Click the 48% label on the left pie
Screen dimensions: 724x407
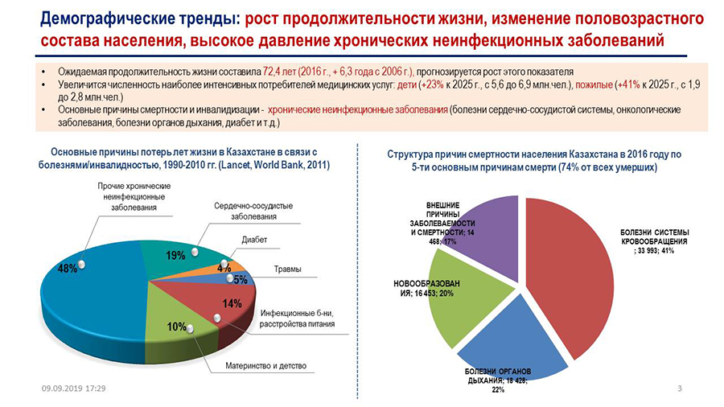click(x=68, y=268)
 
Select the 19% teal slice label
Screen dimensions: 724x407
click(x=175, y=255)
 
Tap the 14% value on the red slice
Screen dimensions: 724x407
click(x=232, y=303)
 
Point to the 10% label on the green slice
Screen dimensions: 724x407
click(x=176, y=327)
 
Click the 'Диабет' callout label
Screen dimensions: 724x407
click(x=254, y=240)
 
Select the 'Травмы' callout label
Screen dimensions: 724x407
click(x=288, y=269)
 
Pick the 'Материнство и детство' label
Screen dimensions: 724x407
click(x=266, y=365)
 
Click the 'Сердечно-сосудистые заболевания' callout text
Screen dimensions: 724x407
click(x=253, y=211)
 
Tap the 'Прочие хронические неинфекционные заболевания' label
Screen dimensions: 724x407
click(x=134, y=196)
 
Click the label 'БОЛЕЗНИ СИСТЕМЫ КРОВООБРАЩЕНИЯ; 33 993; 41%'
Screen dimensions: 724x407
click(x=654, y=241)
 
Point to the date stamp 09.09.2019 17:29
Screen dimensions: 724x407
click(x=73, y=388)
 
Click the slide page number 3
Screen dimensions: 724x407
click(x=679, y=388)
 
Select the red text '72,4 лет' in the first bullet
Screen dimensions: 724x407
click(x=280, y=72)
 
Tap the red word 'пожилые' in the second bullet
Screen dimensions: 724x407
click(x=594, y=84)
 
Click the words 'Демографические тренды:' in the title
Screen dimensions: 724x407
click(x=140, y=19)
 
